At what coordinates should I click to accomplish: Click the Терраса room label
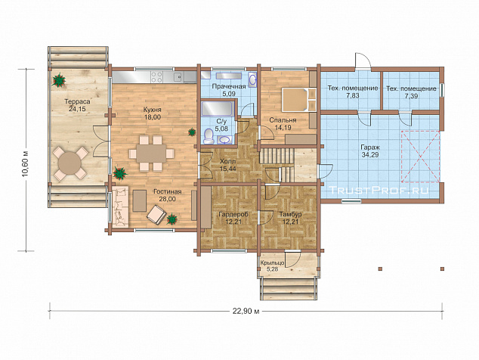click(x=77, y=101)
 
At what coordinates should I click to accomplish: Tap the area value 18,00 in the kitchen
click(x=153, y=117)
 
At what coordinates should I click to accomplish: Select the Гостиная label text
click(x=168, y=191)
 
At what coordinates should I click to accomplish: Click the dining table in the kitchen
click(x=151, y=154)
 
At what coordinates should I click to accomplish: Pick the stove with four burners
click(x=157, y=77)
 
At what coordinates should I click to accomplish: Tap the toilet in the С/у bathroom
click(x=209, y=135)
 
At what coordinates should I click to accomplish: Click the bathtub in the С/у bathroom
click(x=217, y=109)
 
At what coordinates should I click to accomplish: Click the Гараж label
click(x=370, y=147)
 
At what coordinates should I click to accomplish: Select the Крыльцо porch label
click(x=273, y=262)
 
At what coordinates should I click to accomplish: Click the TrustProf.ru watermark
click(x=379, y=191)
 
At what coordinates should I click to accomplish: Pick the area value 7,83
click(x=353, y=95)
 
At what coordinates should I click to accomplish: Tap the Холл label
click(x=228, y=161)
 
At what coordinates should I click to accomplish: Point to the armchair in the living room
click(x=156, y=215)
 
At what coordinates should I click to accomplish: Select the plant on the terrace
click(x=59, y=80)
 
